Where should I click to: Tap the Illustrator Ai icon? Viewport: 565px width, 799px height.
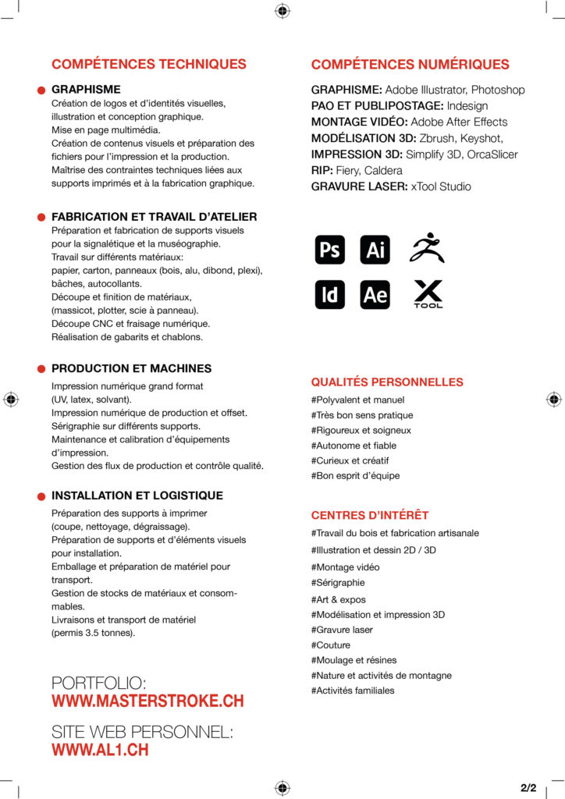coord(375,250)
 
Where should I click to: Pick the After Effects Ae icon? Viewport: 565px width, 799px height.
coord(375,294)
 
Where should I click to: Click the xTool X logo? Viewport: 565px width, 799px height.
coord(428,293)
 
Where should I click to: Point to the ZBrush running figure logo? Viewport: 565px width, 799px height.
coord(427,248)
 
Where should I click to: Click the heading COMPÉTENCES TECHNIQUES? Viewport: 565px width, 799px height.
coord(148,64)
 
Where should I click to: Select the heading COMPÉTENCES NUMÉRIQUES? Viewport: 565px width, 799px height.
coord(410,64)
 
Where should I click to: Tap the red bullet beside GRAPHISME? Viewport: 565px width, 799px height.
coord(41,91)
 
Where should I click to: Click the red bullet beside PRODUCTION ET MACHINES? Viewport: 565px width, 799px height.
coord(41,369)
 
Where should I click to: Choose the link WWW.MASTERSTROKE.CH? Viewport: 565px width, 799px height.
coord(147,701)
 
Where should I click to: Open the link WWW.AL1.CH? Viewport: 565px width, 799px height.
coord(100,750)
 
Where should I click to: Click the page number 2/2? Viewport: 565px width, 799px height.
coord(528,787)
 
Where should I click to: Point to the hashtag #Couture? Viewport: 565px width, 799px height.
coord(331,645)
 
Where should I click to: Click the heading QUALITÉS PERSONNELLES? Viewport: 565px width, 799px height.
coord(387,382)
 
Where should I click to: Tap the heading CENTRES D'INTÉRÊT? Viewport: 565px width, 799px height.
coord(370,515)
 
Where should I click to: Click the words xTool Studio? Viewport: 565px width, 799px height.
coord(441,186)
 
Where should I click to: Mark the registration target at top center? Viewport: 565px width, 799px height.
coord(282,10)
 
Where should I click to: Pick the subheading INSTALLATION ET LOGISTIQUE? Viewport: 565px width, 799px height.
coord(137,495)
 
